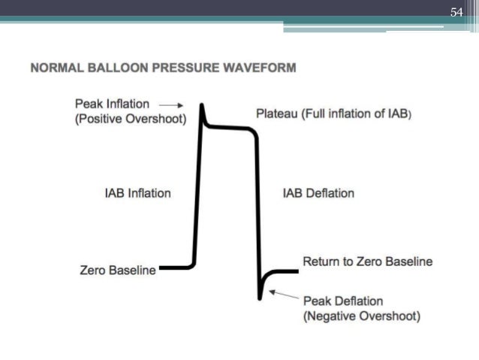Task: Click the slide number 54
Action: pyautogui.click(x=456, y=13)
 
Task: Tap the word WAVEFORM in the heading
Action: pyautogui.click(x=259, y=68)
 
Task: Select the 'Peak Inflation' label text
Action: pyautogui.click(x=112, y=104)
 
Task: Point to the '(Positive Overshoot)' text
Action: pyautogui.click(x=131, y=120)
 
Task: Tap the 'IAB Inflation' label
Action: pyautogui.click(x=137, y=193)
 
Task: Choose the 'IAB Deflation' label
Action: pyautogui.click(x=318, y=193)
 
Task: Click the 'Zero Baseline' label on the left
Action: pyautogui.click(x=118, y=270)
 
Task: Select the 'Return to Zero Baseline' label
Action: pyautogui.click(x=367, y=262)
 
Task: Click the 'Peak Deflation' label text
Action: pyautogui.click(x=343, y=301)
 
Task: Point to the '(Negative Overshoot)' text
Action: pyautogui.click(x=361, y=316)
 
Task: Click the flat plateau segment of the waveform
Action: pyautogui.click(x=229, y=129)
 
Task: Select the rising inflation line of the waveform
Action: pyautogui.click(x=197, y=195)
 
